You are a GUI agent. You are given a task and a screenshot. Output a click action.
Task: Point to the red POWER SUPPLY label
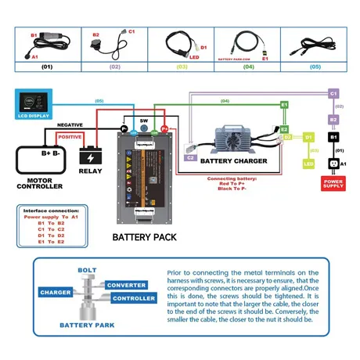coord(333,184)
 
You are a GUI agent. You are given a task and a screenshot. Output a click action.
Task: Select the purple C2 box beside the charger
coord(190,157)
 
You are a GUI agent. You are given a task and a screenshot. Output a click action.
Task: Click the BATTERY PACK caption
coord(144,236)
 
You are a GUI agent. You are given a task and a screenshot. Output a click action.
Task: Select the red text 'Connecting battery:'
coord(234,178)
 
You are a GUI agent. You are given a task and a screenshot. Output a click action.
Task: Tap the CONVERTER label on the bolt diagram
coord(126,285)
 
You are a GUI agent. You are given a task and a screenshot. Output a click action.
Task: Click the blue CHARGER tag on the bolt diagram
coord(56,292)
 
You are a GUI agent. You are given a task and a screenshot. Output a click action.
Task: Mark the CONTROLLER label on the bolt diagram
coord(128,298)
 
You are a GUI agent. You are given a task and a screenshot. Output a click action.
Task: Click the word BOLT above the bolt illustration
coord(87,270)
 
